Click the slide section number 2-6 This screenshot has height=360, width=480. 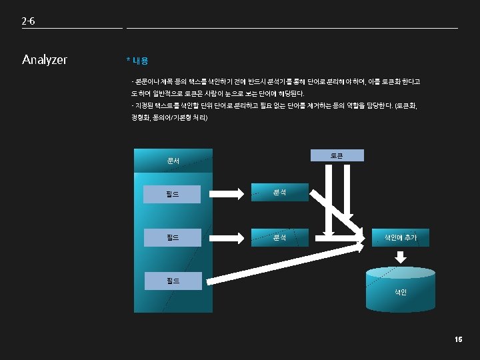[x=28, y=21]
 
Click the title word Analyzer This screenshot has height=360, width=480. [x=45, y=60]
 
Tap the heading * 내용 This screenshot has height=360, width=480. [x=137, y=61]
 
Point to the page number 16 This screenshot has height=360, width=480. [x=458, y=340]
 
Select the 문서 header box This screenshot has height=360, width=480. [x=173, y=161]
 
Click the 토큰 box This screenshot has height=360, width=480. [x=337, y=155]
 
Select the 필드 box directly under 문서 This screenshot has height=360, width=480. [x=173, y=195]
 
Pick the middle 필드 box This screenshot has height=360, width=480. [x=173, y=237]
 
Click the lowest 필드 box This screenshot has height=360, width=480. [x=173, y=280]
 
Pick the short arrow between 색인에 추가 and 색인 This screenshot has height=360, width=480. [x=401, y=257]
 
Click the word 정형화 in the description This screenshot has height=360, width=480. [x=142, y=118]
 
